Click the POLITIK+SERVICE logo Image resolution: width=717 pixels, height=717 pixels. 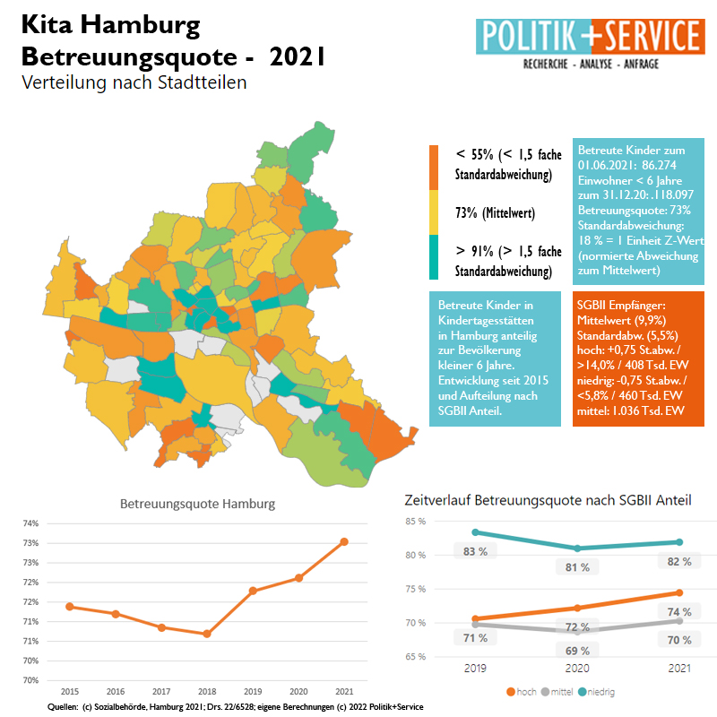[588, 42]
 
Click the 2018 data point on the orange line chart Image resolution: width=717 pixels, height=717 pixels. [207, 634]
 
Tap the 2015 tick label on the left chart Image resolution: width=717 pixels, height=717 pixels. [69, 692]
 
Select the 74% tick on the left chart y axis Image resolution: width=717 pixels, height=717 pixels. [30, 523]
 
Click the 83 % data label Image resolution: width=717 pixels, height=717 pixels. [475, 551]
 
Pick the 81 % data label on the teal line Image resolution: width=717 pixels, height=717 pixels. [578, 567]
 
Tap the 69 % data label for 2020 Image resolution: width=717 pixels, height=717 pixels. [578, 651]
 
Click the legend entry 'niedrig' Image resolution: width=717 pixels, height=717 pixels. [600, 692]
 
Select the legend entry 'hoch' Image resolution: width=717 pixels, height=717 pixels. [524, 692]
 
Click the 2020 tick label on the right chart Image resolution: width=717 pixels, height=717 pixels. [578, 669]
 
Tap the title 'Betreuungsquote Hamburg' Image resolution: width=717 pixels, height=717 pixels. [198, 504]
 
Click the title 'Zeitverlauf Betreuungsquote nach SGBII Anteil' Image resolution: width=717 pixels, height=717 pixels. [548, 499]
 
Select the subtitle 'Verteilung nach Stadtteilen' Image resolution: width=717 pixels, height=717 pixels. [134, 82]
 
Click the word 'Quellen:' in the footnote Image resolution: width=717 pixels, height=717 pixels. [63, 707]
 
